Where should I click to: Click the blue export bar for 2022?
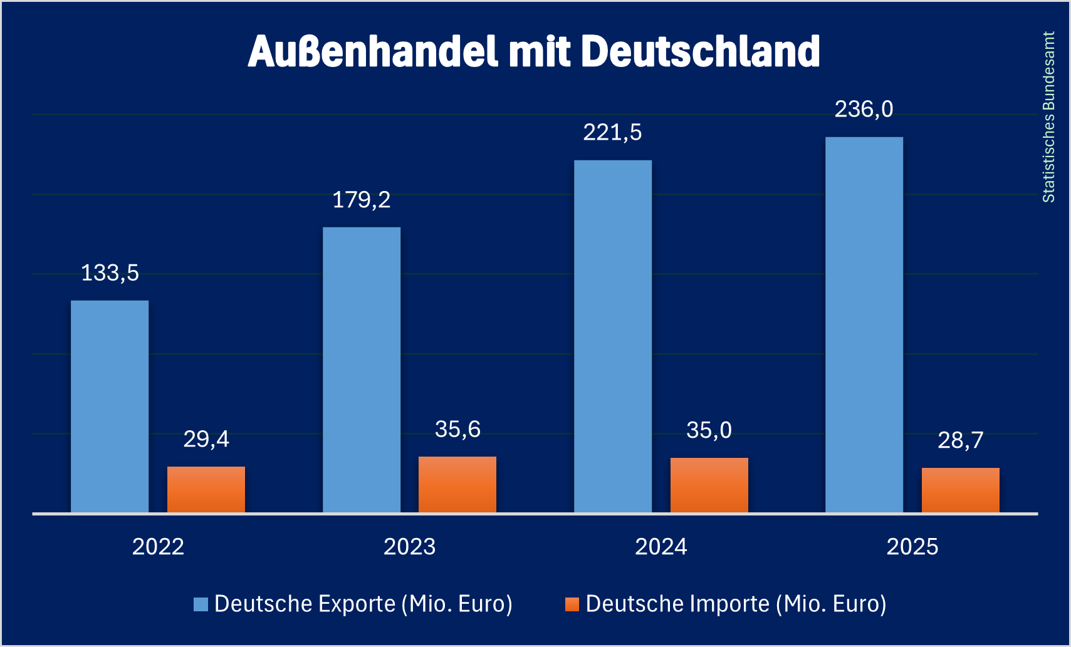coord(110,406)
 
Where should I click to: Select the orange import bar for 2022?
coord(206,489)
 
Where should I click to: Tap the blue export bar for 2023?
coord(362,370)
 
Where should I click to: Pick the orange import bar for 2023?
coord(457,484)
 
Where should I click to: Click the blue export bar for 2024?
coord(613,336)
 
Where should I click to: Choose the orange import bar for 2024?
coord(709,485)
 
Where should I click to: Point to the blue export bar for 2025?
coord(864,324)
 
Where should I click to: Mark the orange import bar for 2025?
coord(961,490)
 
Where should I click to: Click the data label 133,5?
coord(110,273)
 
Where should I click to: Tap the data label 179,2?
coord(362,200)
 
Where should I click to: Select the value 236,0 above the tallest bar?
coord(864,110)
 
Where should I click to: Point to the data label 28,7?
coord(961,440)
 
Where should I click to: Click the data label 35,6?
coord(457,430)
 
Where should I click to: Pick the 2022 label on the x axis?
coord(158,547)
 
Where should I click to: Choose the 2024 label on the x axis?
coord(661,547)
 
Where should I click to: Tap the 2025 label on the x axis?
coord(912,547)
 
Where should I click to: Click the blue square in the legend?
coord(201,604)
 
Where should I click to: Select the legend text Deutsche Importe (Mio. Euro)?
coord(736,604)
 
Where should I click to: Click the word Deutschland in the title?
coord(701,51)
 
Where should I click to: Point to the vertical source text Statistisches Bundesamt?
coord(1048,117)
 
